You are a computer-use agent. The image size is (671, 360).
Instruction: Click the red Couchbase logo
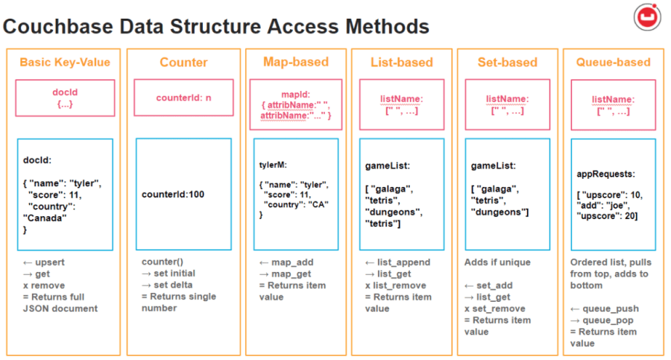[x=645, y=16]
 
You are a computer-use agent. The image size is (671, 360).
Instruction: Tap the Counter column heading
[x=183, y=63]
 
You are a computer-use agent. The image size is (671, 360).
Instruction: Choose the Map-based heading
[x=295, y=62]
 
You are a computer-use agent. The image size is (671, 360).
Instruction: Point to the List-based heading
[x=401, y=63]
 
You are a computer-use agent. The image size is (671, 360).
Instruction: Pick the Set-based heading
[x=507, y=63]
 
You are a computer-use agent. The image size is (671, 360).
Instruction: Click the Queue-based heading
[x=613, y=63]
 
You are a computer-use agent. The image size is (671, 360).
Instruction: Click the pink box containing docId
[x=65, y=98]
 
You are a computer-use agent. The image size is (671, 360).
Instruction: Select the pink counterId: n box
[x=183, y=98]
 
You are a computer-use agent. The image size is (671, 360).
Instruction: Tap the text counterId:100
[x=173, y=195]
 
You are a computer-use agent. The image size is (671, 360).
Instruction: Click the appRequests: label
[x=606, y=174]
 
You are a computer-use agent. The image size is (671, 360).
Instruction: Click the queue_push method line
[x=605, y=309]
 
